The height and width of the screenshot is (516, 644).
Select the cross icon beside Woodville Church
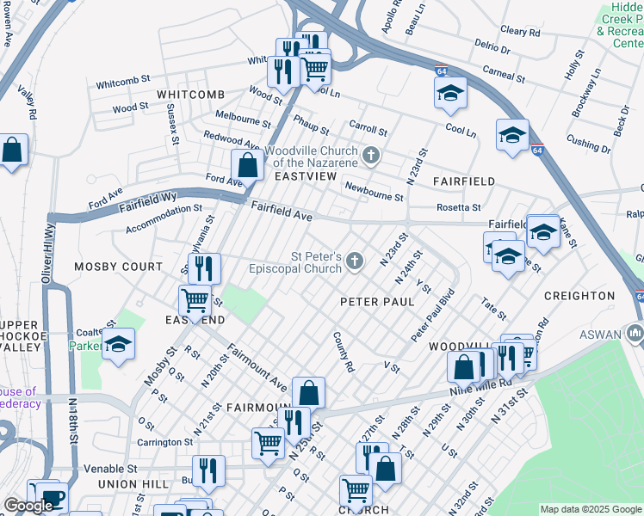[x=372, y=156]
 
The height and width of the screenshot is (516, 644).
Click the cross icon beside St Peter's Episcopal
[x=356, y=261]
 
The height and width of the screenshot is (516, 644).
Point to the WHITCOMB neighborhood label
[x=189, y=94]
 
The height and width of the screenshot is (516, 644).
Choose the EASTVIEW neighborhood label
[x=305, y=175]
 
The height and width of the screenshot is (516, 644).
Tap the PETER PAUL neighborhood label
[x=377, y=302]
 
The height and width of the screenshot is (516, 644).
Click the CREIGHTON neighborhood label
[x=579, y=296]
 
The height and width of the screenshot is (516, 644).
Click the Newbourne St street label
[x=374, y=191]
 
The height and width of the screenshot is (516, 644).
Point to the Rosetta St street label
[x=457, y=207]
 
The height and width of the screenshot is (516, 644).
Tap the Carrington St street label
[x=164, y=442]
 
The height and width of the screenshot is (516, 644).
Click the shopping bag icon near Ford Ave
[x=247, y=164]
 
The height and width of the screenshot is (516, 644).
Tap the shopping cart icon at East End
[x=195, y=301]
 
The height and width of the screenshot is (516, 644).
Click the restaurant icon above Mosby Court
[x=204, y=267]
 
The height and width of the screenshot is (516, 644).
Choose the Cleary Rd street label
[x=519, y=32]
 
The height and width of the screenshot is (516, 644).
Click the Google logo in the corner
[x=28, y=506]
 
